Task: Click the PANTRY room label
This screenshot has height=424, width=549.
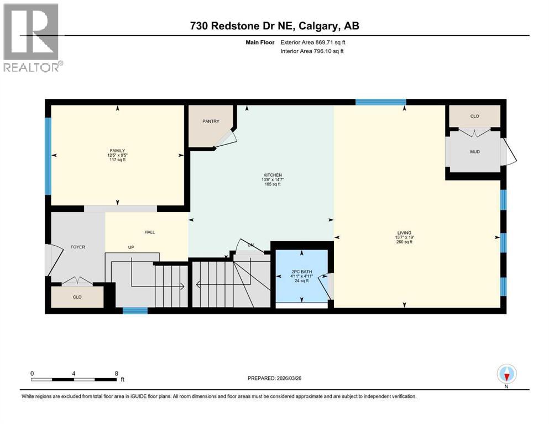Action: pos(211,121)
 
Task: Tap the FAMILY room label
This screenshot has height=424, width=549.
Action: pos(117,151)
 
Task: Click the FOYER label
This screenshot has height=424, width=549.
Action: pos(77,247)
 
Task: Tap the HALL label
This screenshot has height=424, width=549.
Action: pos(149,232)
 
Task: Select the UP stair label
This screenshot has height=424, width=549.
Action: pos(132,247)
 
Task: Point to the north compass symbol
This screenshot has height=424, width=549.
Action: pos(506,374)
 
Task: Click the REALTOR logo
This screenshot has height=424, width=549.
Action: pos(32,38)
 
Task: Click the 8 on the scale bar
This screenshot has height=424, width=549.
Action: pos(116,373)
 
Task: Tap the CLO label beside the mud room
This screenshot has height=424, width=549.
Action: pos(474,116)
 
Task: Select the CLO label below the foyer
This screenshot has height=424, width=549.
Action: pos(77,297)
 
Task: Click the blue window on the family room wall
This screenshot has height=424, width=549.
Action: pos(48,155)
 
